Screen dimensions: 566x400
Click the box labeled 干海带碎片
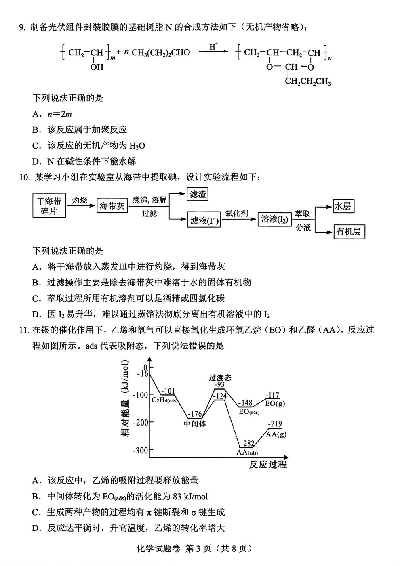coord(49,205)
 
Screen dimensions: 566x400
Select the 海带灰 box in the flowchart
coord(112,206)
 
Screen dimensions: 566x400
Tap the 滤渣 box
coord(198,195)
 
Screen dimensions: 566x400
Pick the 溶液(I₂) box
coord(275,219)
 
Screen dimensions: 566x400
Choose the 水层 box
coord(342,206)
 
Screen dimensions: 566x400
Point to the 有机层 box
coord(348,232)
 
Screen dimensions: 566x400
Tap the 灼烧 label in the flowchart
coord(80,200)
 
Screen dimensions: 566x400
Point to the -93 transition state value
coord(219,385)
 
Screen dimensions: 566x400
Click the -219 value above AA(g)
coord(275,424)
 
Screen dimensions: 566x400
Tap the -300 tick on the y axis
coord(140,450)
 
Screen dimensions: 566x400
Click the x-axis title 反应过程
coord(267,464)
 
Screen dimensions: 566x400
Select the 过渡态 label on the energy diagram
coord(220,377)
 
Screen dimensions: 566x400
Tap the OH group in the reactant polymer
coord(97,67)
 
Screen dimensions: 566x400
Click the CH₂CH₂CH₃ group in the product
coord(308,82)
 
